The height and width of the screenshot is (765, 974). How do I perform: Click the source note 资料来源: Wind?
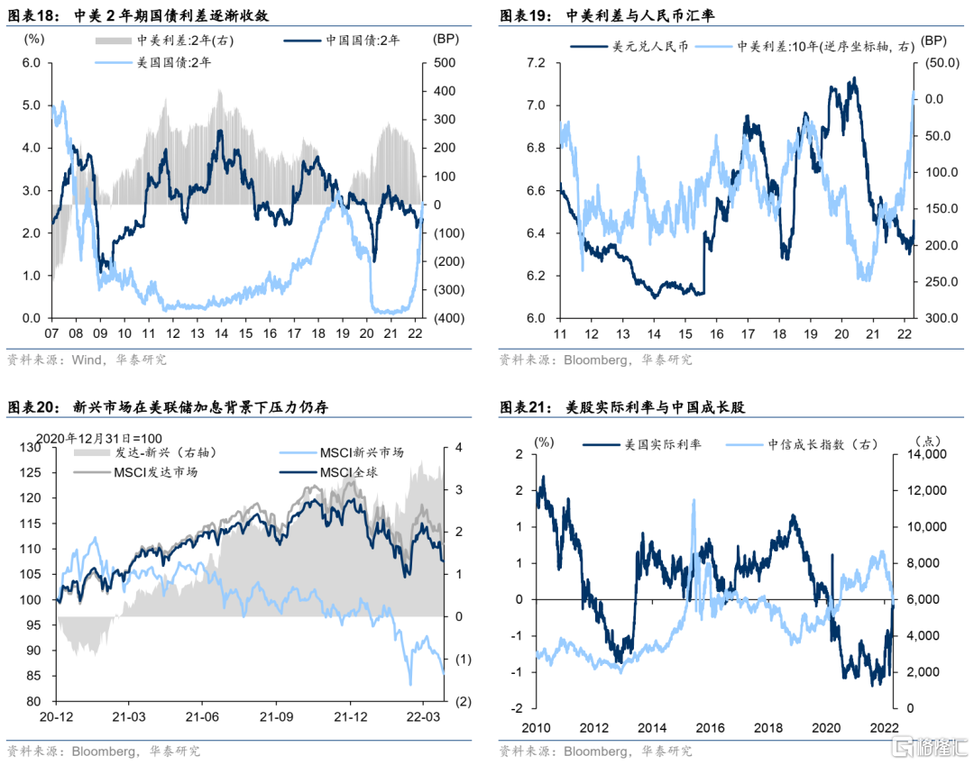pyautogui.click(x=87, y=360)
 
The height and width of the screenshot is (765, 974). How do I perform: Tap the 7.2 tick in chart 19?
pyautogui.click(x=535, y=62)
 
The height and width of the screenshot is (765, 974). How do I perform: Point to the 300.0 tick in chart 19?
pyautogui.click(x=937, y=318)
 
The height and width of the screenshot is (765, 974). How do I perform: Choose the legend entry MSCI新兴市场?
pyautogui.click(x=361, y=452)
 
